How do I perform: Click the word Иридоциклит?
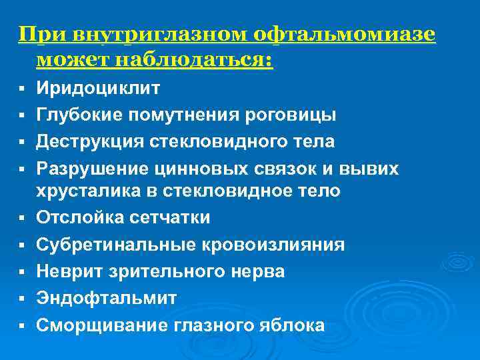pyautogui.click(x=98, y=88)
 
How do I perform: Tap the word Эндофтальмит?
pyautogui.click(x=107, y=298)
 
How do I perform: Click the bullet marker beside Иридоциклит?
pyautogui.click(x=22, y=89)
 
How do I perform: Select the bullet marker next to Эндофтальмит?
pyautogui.click(x=22, y=299)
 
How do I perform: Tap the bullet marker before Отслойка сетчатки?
pyautogui.click(x=22, y=219)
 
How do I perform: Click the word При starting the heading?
pyautogui.click(x=37, y=34)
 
